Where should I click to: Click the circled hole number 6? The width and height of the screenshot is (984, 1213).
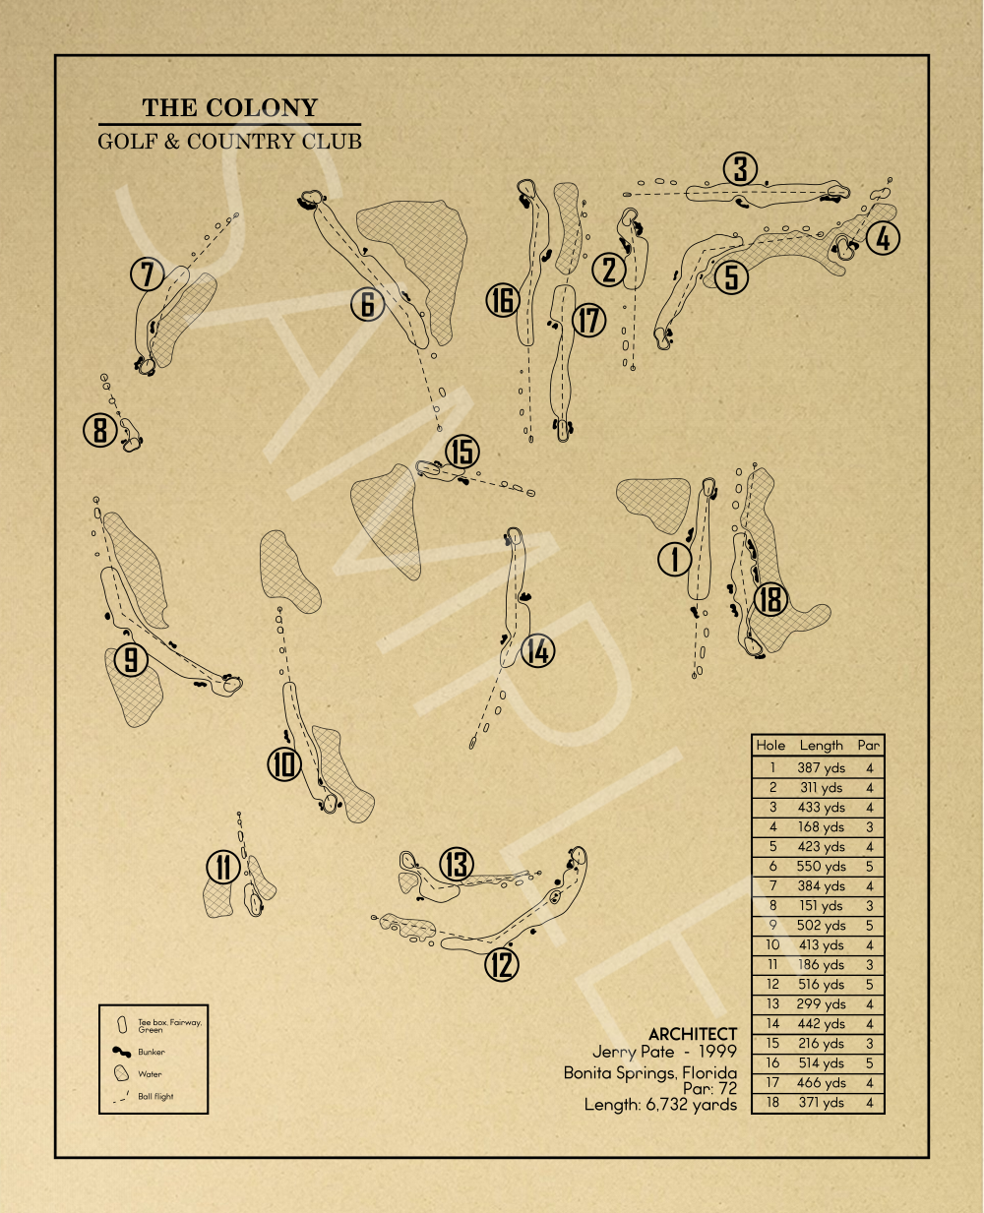(x=367, y=304)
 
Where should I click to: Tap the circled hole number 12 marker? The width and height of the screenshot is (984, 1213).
(x=502, y=965)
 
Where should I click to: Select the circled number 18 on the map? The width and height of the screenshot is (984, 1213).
(x=770, y=598)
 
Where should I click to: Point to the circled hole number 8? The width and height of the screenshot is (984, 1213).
(x=99, y=430)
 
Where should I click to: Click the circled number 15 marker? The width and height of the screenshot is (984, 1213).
(x=461, y=452)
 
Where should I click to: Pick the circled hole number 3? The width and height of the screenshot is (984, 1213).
(x=741, y=169)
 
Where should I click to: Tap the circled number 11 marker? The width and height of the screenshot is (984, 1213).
(x=223, y=867)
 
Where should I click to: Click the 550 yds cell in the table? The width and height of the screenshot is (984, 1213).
(x=822, y=867)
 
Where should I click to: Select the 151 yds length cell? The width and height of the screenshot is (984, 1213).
(x=822, y=906)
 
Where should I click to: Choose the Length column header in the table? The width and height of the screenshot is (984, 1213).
(x=822, y=746)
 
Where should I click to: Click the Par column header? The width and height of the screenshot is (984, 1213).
(x=869, y=746)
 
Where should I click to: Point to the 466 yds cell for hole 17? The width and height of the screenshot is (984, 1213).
(x=822, y=1083)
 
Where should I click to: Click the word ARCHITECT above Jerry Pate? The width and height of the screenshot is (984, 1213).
(x=692, y=1034)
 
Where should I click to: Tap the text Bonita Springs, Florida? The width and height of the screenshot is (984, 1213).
(x=649, y=1072)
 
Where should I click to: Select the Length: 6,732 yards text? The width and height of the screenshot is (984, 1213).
(x=660, y=1105)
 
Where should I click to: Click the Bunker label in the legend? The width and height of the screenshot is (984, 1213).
(x=152, y=1052)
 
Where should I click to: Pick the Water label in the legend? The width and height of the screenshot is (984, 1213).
(x=150, y=1074)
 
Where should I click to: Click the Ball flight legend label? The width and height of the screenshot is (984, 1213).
(x=155, y=1096)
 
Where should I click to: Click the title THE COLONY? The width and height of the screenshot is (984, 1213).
(x=229, y=108)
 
